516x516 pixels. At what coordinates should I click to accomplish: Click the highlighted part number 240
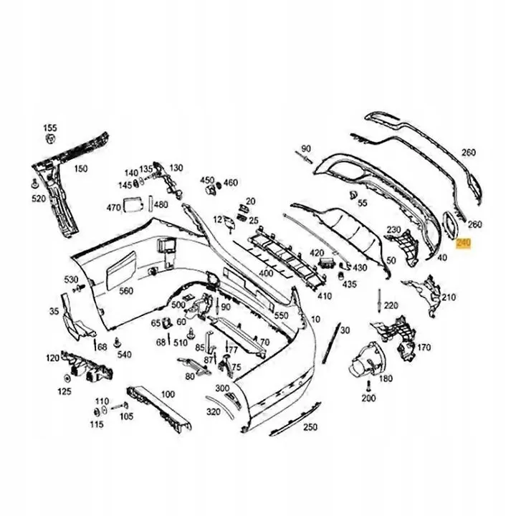[463, 244]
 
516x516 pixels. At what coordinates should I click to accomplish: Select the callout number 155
[49, 128]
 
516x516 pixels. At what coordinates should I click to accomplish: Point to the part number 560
[126, 290]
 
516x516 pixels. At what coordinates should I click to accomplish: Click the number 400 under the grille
[266, 274]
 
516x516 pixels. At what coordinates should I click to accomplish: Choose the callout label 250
[309, 428]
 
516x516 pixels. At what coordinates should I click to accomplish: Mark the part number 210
[448, 297]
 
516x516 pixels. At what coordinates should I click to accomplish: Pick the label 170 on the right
[424, 348]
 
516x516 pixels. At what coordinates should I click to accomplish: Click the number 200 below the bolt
[368, 398]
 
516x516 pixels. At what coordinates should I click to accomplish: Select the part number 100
[168, 394]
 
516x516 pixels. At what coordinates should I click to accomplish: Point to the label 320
[214, 412]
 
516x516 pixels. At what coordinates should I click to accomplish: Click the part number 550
[281, 315]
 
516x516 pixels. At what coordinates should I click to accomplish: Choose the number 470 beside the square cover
[113, 208]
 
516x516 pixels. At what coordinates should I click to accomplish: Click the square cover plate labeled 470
[133, 206]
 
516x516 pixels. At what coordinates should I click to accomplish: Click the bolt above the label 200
[368, 384]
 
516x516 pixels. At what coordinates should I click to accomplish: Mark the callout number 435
[349, 284]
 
